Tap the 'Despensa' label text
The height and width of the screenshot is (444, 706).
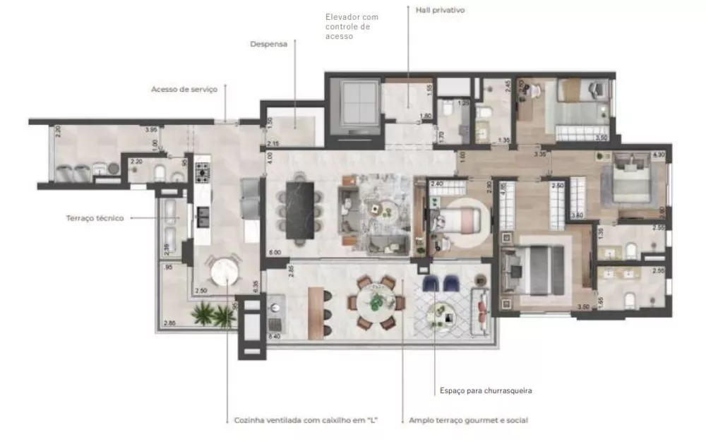point(268,44)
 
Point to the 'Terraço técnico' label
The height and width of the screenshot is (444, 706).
point(95,218)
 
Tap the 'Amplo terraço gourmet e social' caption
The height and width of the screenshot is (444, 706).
point(468,420)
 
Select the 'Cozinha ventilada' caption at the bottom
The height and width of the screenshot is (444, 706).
point(306,420)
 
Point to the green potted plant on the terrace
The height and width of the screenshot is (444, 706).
point(213,315)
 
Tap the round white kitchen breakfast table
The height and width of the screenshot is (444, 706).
point(223,271)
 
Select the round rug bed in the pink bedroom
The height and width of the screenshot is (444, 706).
point(460,220)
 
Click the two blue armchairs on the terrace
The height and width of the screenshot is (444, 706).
point(441,282)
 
